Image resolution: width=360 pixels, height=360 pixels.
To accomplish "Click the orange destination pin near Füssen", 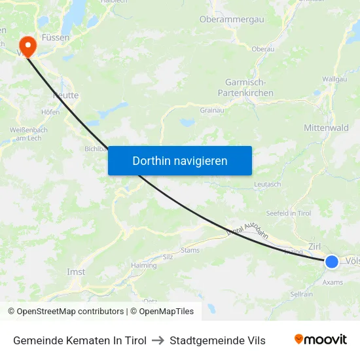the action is click(x=27, y=45).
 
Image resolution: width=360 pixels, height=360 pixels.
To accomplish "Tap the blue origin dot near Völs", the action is click(x=332, y=261).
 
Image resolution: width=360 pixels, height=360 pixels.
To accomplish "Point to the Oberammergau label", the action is click(x=232, y=20).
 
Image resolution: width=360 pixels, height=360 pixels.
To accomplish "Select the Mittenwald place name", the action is click(x=326, y=128).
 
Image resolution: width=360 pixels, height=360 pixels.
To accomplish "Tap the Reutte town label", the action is click(x=65, y=96).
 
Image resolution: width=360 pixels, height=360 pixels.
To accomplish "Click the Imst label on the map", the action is click(x=76, y=272).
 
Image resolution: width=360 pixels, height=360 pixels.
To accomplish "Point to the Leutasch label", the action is click(x=268, y=185).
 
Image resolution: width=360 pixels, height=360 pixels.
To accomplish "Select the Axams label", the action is click(x=333, y=282).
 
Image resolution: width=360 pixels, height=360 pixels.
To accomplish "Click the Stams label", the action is click(x=190, y=250).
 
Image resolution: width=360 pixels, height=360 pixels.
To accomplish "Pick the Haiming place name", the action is click(x=143, y=265).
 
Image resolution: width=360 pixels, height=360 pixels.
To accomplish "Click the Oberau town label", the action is click(x=262, y=49).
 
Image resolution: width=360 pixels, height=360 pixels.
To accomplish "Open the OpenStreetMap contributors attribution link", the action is click(x=70, y=312).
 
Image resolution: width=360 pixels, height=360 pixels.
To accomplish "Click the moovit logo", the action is click(x=321, y=339).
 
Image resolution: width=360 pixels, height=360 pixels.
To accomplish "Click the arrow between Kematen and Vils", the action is click(x=158, y=340).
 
